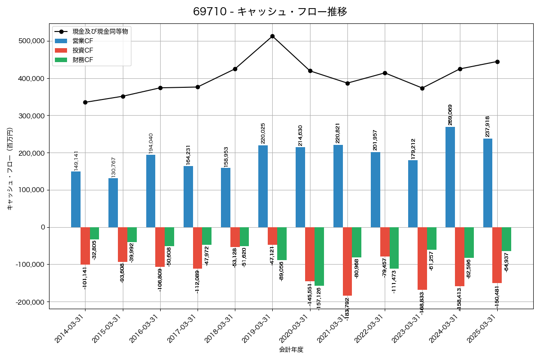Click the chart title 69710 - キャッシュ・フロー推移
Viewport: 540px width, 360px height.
coord(270,12)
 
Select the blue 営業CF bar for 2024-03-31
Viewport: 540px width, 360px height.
coord(450,177)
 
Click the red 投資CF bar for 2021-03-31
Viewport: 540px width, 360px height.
coord(347,261)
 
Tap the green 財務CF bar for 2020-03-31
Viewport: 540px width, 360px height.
coord(319,256)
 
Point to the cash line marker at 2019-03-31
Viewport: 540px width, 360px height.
coord(272,36)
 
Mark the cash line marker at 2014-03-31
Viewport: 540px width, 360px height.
coord(85,102)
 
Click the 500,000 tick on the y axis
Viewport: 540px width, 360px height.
coord(32,41)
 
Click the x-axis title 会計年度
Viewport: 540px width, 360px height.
coord(291,350)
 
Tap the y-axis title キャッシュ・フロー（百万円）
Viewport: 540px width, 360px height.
coord(10,169)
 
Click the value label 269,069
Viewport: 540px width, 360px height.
coord(450,115)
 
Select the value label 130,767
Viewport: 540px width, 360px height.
coord(113,167)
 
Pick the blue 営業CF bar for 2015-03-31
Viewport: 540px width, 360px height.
coord(113,202)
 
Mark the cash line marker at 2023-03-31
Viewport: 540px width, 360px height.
coord(422,88)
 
